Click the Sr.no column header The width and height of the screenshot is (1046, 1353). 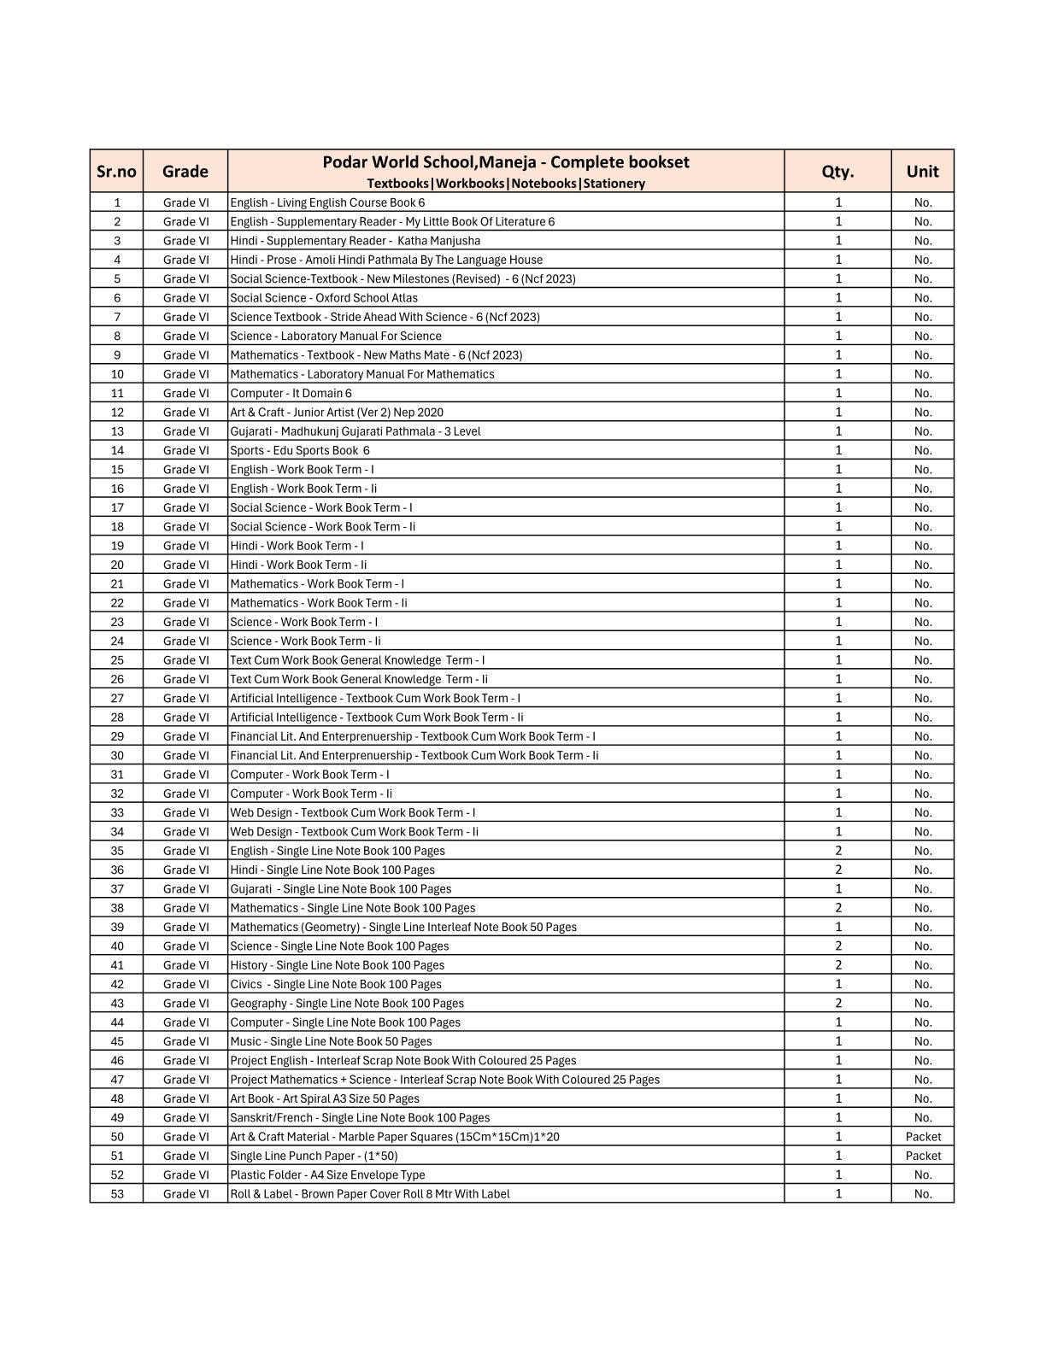click(116, 171)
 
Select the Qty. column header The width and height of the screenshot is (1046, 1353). click(837, 171)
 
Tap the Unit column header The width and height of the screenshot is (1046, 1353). click(922, 171)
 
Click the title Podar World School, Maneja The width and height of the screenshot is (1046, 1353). click(505, 162)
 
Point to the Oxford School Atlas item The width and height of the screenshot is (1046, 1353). click(324, 298)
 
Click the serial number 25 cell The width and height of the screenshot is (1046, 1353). click(117, 660)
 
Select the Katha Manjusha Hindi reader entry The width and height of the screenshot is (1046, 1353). click(355, 241)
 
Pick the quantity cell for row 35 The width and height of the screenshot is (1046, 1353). click(838, 851)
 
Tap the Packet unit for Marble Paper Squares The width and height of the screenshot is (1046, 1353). click(923, 1137)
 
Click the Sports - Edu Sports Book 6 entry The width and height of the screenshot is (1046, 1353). click(300, 450)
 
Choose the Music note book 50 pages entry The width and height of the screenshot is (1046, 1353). click(331, 1041)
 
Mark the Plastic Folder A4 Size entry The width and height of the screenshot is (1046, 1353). click(327, 1174)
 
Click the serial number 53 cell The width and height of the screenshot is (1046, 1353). click(117, 1194)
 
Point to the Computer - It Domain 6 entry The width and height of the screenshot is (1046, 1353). click(291, 393)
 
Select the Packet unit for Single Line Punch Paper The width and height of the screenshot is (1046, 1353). click(923, 1156)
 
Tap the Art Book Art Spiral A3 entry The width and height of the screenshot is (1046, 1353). click(325, 1098)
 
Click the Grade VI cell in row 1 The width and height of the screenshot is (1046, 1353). click(185, 202)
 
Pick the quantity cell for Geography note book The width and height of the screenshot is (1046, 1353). click(838, 1003)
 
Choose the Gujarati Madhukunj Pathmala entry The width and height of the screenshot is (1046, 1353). click(355, 431)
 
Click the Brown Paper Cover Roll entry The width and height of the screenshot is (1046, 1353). click(369, 1194)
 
